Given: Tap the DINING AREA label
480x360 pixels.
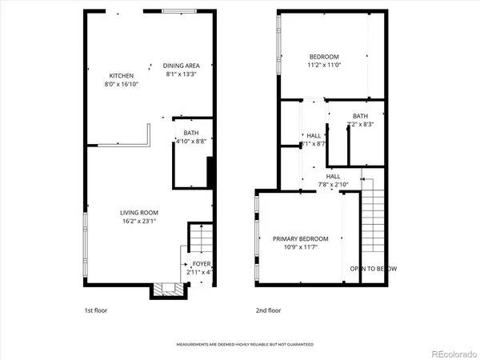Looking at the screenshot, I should click(x=182, y=66).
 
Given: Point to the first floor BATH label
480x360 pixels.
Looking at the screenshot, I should click(x=190, y=133).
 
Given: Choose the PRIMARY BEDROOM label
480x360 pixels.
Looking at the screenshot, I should click(x=301, y=239).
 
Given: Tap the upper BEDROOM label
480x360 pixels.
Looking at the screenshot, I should click(x=325, y=57).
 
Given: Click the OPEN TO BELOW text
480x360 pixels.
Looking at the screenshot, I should click(x=374, y=268).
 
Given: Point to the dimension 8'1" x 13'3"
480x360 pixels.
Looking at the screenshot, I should click(x=182, y=74).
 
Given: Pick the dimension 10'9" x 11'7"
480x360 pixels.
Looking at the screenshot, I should click(x=301, y=247).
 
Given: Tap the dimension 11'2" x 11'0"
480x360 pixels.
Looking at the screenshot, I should click(x=325, y=65).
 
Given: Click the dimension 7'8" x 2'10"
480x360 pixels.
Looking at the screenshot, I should click(x=333, y=184).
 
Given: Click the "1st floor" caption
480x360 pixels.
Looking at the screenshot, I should click(x=95, y=310).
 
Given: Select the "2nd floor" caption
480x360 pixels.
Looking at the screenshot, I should click(x=268, y=310).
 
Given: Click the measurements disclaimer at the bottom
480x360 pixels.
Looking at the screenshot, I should click(x=245, y=345).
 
